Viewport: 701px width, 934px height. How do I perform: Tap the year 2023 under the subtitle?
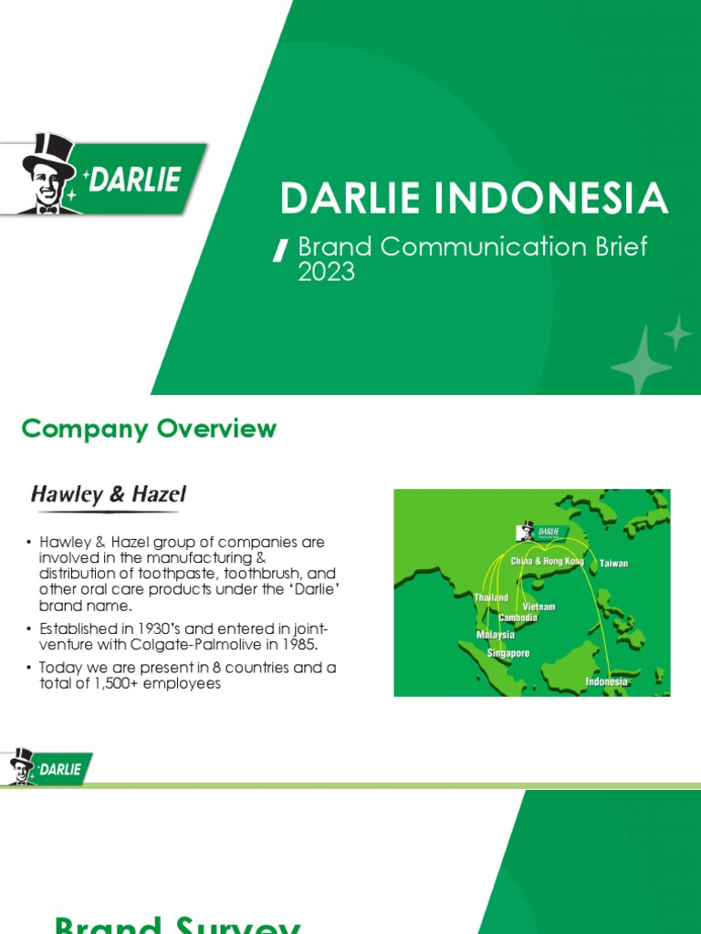(326, 272)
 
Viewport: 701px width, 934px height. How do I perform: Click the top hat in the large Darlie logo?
(50, 153)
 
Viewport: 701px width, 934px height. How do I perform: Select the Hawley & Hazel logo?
(109, 495)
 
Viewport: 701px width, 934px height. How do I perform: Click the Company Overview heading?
(149, 429)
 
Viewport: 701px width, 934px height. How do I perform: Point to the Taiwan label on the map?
(613, 564)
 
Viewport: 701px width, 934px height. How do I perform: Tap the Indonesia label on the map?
(606, 681)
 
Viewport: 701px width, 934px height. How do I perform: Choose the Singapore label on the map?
(508, 654)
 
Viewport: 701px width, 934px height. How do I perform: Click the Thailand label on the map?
(491, 597)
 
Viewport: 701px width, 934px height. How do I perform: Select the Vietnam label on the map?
(539, 607)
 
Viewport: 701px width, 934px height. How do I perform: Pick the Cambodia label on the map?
(518, 617)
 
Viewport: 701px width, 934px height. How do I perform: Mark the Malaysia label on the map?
(496, 635)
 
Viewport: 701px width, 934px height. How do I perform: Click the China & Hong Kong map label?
(547, 561)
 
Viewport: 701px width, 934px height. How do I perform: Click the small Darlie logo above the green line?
(47, 767)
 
